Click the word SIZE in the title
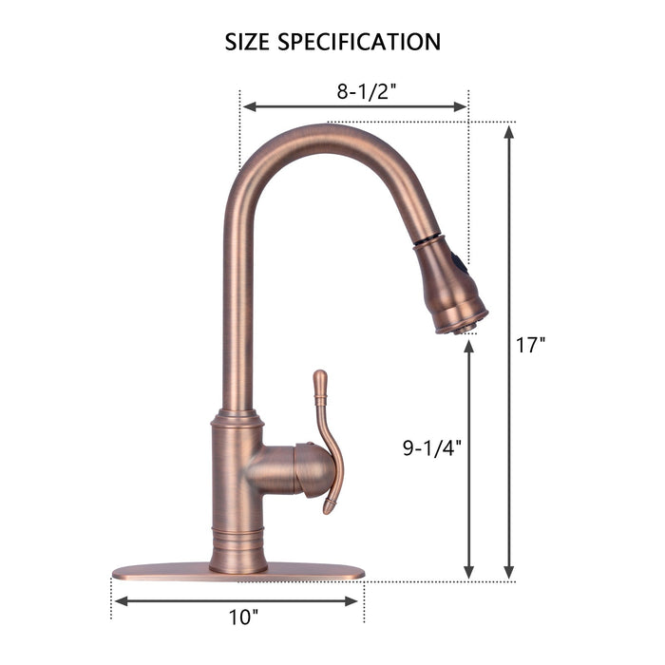point(246,42)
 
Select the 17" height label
point(531,346)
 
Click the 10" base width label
point(243,617)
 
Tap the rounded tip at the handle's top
point(321,376)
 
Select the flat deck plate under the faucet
point(237,572)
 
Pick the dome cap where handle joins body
point(309,469)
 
